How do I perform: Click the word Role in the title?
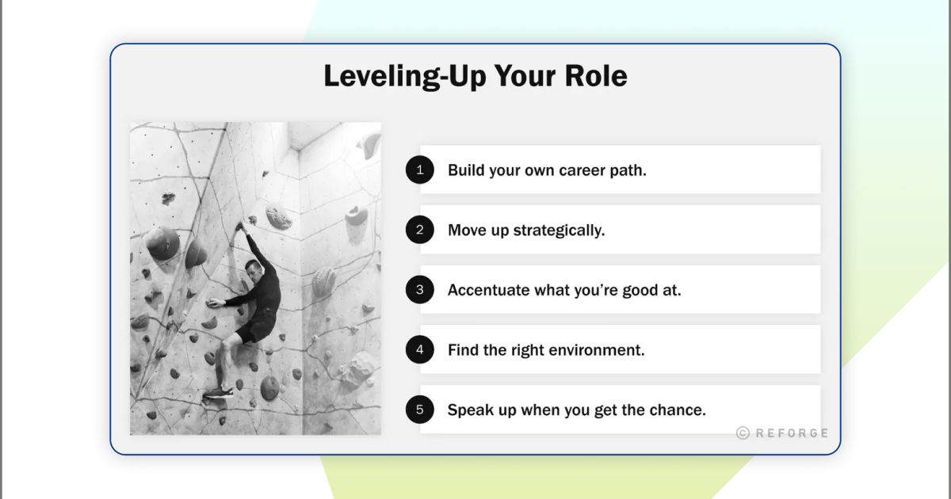coord(595,76)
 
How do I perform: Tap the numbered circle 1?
coord(420,170)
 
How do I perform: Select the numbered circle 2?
coord(420,230)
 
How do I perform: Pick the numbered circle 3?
coord(420,290)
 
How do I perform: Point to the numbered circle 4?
coord(420,349)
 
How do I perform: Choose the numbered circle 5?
coord(420,409)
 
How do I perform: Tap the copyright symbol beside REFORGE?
coord(743,433)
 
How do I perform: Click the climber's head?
coord(254,268)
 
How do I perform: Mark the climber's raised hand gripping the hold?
coord(239,227)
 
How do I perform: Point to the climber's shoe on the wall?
coord(216,392)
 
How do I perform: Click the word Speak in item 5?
coord(468,410)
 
